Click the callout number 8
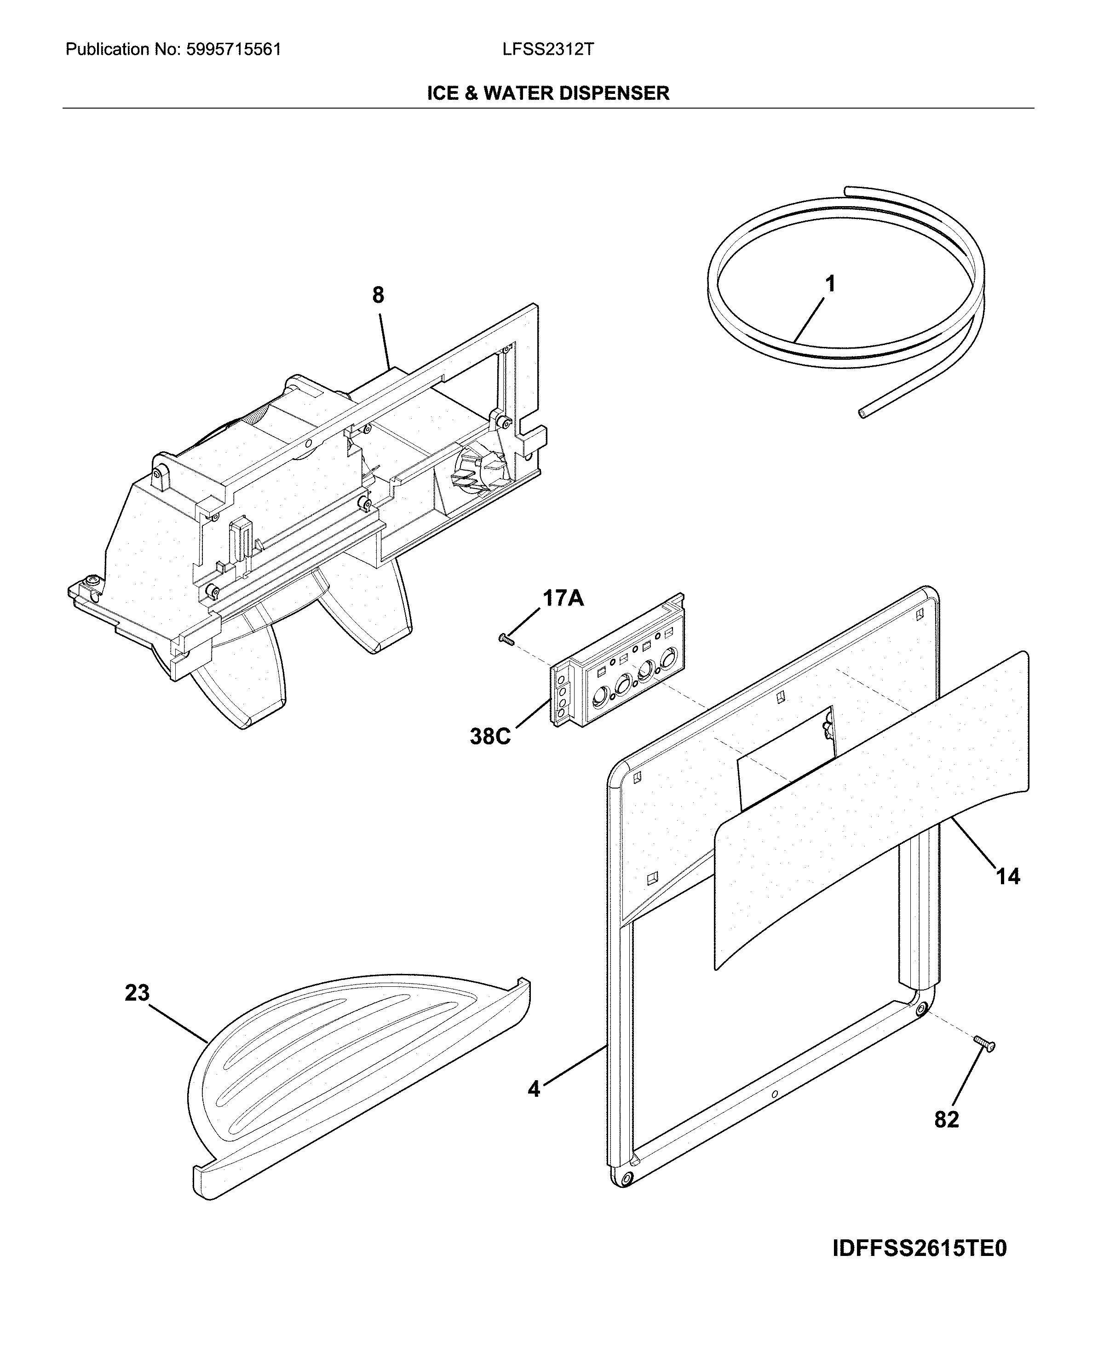(x=378, y=295)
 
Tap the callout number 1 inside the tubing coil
(x=830, y=283)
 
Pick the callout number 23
(x=137, y=993)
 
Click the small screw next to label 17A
(x=506, y=640)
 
